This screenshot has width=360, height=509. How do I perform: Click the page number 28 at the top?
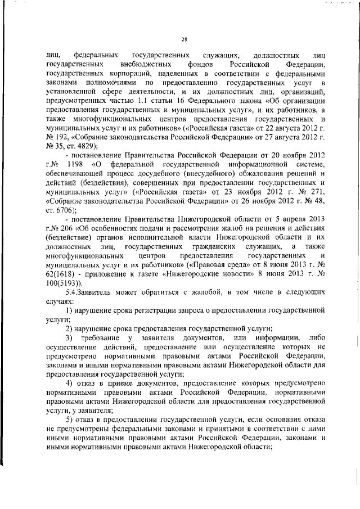coord(184,39)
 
